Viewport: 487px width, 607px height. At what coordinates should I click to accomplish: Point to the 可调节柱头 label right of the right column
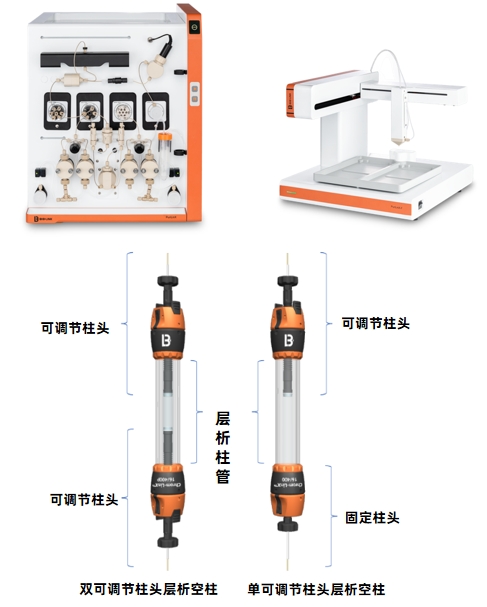pos(376,323)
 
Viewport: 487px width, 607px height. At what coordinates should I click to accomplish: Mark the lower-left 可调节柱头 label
pos(83,499)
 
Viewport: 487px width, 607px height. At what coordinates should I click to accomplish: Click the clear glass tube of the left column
pos(166,410)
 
